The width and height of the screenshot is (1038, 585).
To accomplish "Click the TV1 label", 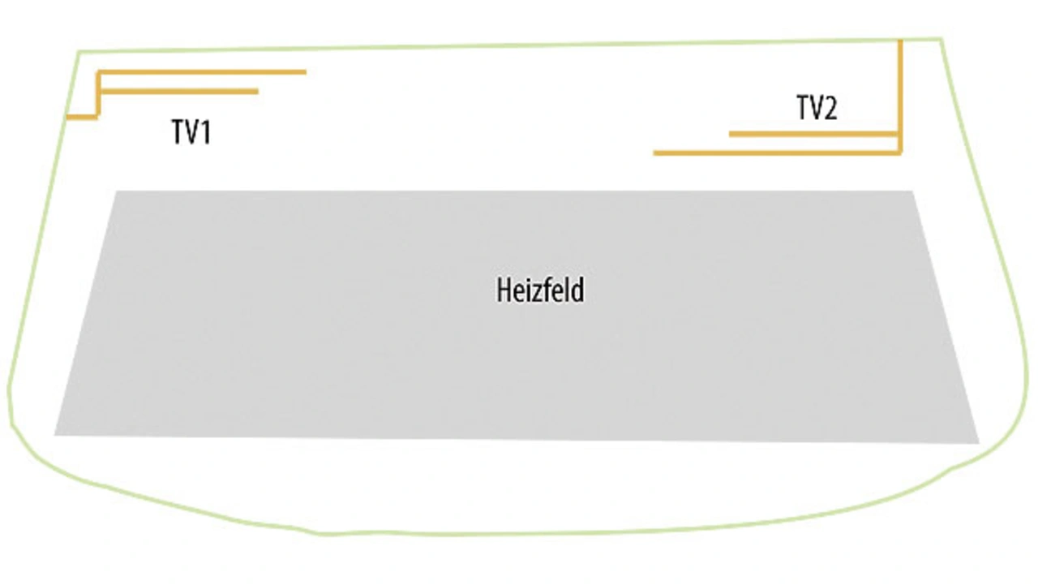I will pyautogui.click(x=191, y=131).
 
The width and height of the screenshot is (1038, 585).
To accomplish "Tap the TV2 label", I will pyautogui.click(x=816, y=108).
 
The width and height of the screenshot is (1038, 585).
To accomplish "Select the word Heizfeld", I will pyautogui.click(x=540, y=290).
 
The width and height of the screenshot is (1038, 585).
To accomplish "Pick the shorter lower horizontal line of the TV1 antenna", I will pyautogui.click(x=178, y=92).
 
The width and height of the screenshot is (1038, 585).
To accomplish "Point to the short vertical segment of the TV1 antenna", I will pyautogui.click(x=98, y=94).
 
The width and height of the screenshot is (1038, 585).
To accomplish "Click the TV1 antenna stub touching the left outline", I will pyautogui.click(x=82, y=117).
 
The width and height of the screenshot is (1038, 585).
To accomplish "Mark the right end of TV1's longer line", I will pyautogui.click(x=304, y=72).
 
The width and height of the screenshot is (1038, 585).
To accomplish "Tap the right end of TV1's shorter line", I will pyautogui.click(x=256, y=92).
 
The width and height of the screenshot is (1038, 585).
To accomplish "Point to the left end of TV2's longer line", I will pyautogui.click(x=656, y=153).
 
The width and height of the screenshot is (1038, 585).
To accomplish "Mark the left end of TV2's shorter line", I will pyautogui.click(x=731, y=134).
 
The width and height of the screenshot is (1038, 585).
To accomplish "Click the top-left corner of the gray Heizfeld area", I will pyautogui.click(x=116, y=192).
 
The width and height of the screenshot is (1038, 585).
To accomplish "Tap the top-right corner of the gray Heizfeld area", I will pyautogui.click(x=912, y=192).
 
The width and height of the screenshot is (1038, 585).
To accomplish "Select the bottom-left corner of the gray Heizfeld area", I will pyautogui.click(x=56, y=434).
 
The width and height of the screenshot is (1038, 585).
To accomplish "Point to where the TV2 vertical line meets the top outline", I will pyautogui.click(x=899, y=40).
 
